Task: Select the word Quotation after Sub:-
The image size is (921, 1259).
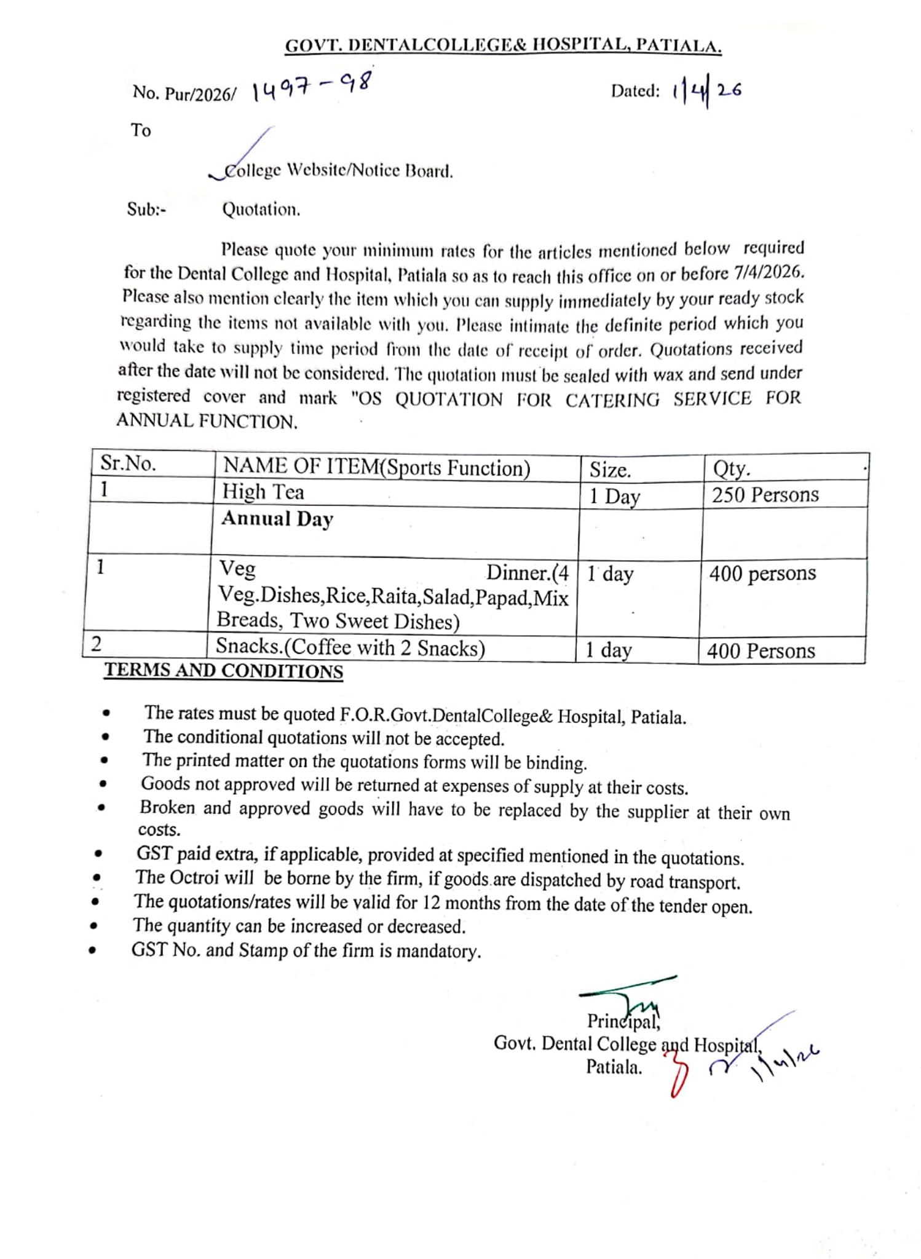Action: (x=261, y=210)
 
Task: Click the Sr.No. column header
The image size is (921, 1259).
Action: (x=128, y=464)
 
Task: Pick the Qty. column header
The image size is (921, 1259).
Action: (x=731, y=468)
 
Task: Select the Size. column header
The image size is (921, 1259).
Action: (x=610, y=470)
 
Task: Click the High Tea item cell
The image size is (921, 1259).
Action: (x=263, y=492)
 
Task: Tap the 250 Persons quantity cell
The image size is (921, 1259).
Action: (x=765, y=495)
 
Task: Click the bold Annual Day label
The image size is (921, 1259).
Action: (x=277, y=519)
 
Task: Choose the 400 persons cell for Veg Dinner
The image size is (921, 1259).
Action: (x=762, y=574)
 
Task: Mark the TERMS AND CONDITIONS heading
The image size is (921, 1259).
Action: (x=223, y=671)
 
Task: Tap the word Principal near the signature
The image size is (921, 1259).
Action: (x=622, y=1021)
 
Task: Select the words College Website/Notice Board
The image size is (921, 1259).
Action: (x=338, y=170)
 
